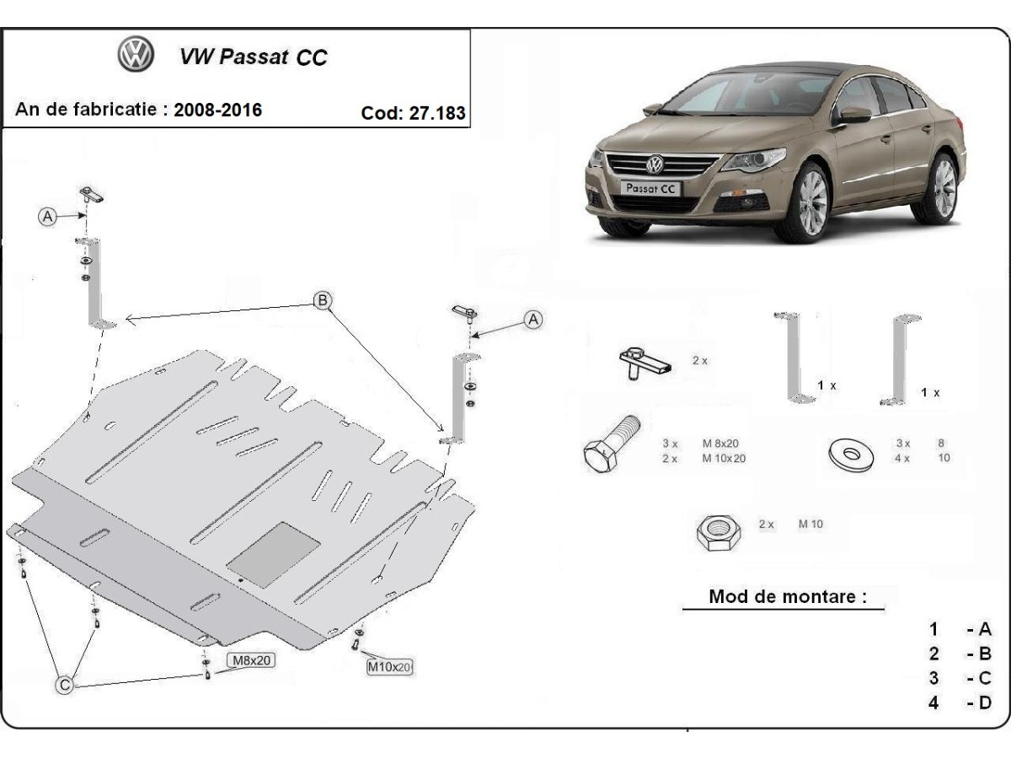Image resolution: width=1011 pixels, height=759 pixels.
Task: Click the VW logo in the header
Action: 135,56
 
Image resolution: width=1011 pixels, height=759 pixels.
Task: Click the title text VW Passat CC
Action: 253,57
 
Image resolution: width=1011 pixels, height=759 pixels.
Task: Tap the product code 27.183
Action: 437,113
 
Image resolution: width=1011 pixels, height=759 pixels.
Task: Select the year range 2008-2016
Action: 217,110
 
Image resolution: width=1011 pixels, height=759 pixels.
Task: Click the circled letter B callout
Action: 322,299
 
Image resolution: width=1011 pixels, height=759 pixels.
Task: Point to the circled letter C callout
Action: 64,686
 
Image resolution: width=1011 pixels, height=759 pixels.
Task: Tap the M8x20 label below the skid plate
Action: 250,660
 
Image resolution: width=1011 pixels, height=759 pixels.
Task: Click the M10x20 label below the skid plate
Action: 389,667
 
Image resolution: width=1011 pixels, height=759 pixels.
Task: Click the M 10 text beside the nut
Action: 811,525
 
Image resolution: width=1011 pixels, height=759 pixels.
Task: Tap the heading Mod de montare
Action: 787,597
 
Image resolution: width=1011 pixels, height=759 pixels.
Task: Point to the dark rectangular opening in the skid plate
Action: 274,553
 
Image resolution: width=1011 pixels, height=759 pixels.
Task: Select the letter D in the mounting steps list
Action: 984,702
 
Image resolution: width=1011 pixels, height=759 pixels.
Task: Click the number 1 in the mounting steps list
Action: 933,628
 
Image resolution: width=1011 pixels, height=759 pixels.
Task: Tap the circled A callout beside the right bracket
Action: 532,320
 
